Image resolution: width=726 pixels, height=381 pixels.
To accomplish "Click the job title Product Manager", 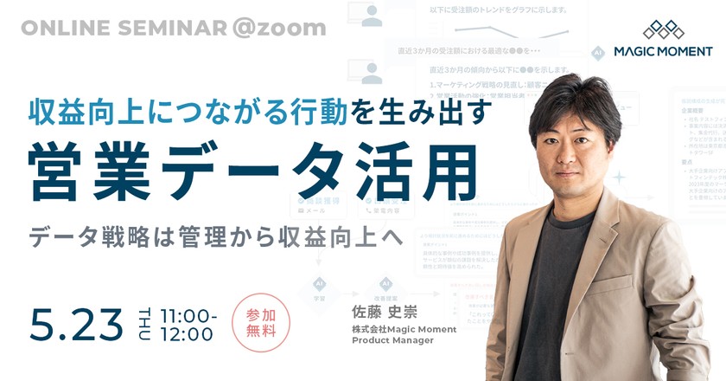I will (x=394, y=341).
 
